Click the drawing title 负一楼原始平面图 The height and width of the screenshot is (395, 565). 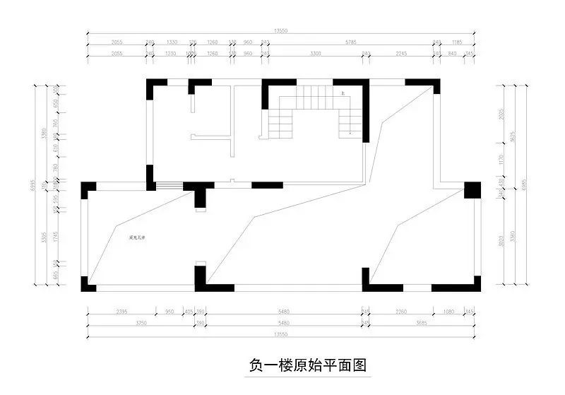coord(309,365)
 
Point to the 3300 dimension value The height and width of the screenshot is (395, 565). coord(315,53)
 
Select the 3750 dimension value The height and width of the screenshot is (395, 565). coord(140,322)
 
